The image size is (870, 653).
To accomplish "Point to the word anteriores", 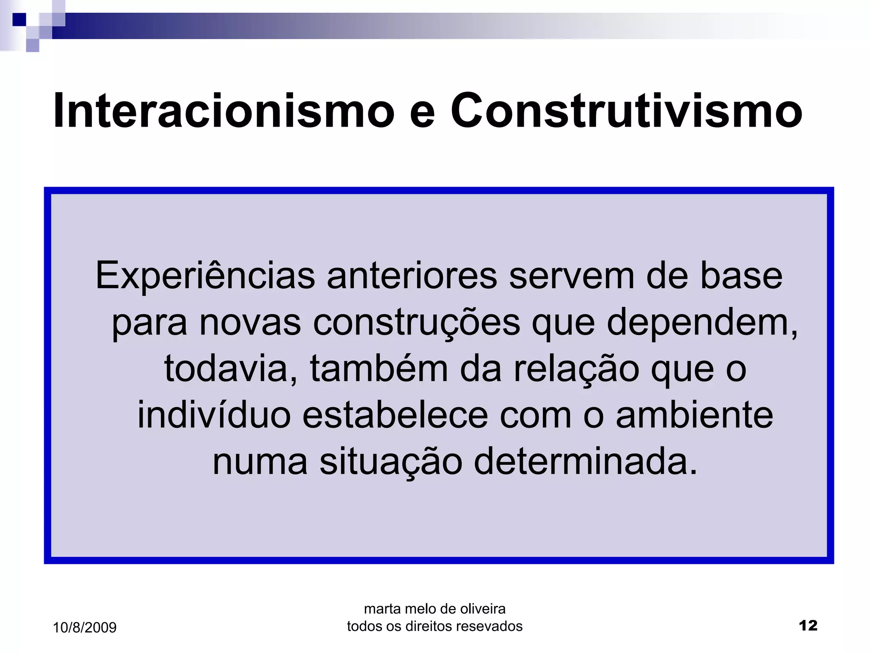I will point(412,276).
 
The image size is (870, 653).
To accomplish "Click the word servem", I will point(571,276).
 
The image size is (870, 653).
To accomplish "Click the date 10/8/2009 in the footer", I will point(85,627).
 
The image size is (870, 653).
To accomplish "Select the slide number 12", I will point(808,625).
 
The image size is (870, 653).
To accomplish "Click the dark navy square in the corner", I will point(19,20).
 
